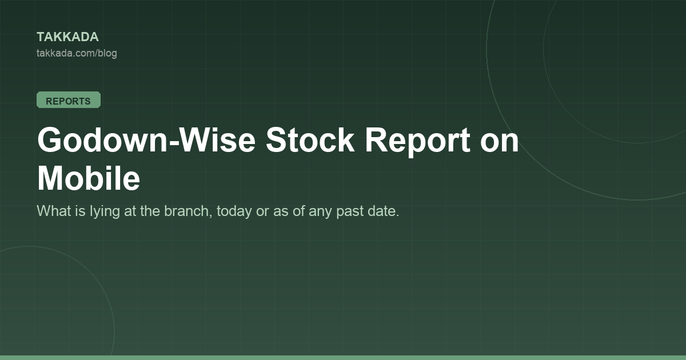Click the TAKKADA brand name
pos(67,37)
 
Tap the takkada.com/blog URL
pos(77,53)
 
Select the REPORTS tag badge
pos(69,100)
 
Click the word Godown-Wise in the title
pos(146,140)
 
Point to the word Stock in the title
pos(310,140)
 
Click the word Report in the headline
pos(417,142)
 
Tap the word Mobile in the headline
pos(89,178)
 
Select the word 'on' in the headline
pos(500,143)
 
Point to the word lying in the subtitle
pos(101,211)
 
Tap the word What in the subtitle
pos(54,211)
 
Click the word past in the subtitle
pos(350,212)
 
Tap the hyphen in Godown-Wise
pos(173,143)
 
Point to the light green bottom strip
pos(343,358)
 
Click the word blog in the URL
pos(107,54)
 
